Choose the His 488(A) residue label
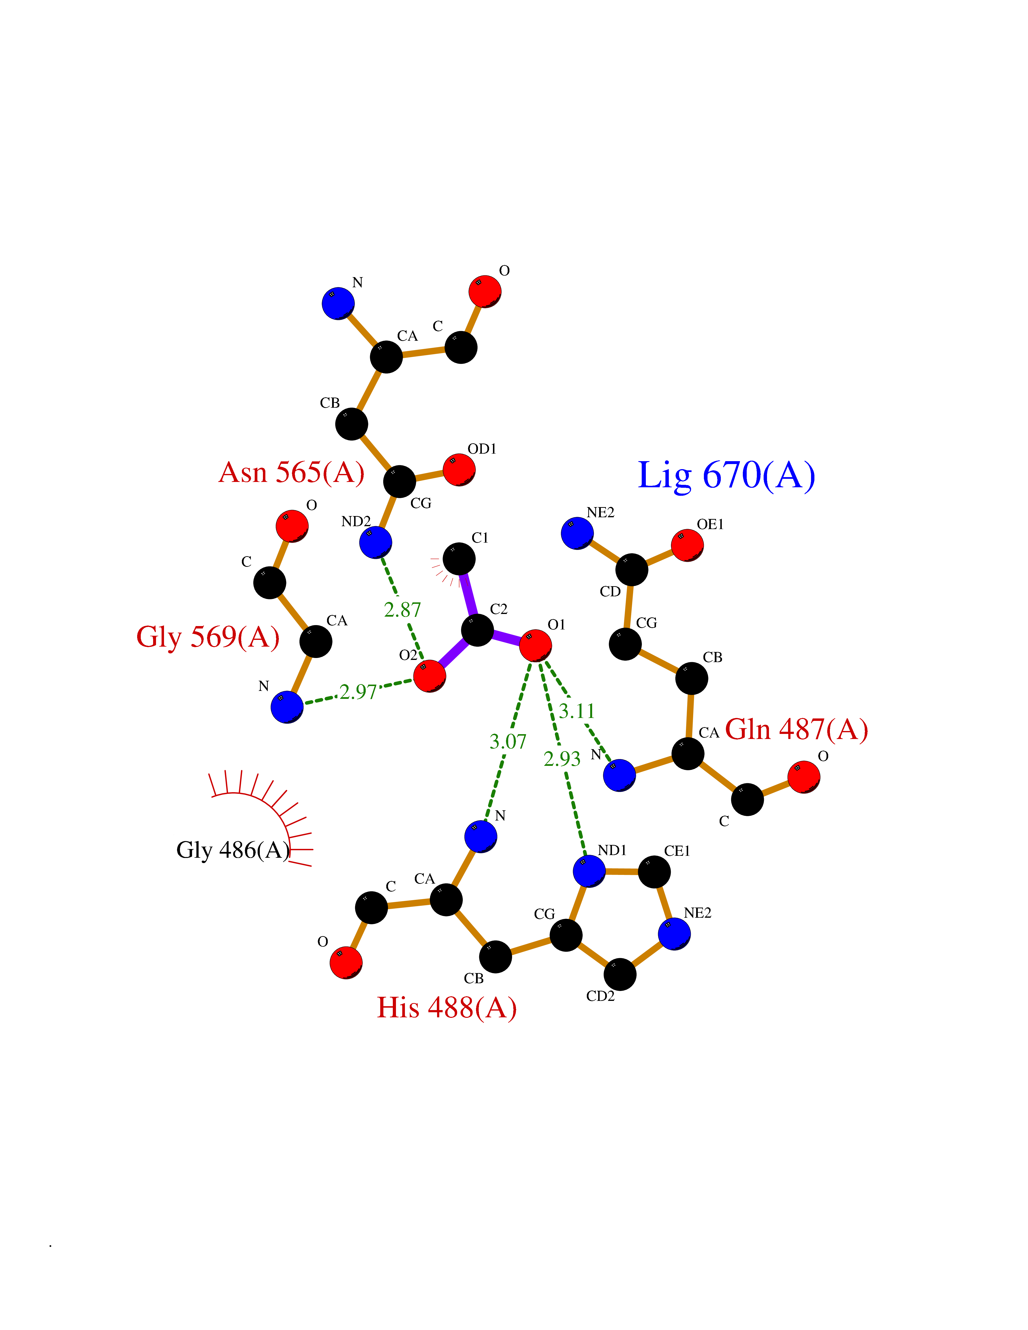[x=447, y=1007]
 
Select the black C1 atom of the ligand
[x=459, y=558]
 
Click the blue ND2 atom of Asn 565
[x=375, y=542]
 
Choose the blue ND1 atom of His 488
[x=589, y=871]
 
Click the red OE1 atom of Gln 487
[x=687, y=545]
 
